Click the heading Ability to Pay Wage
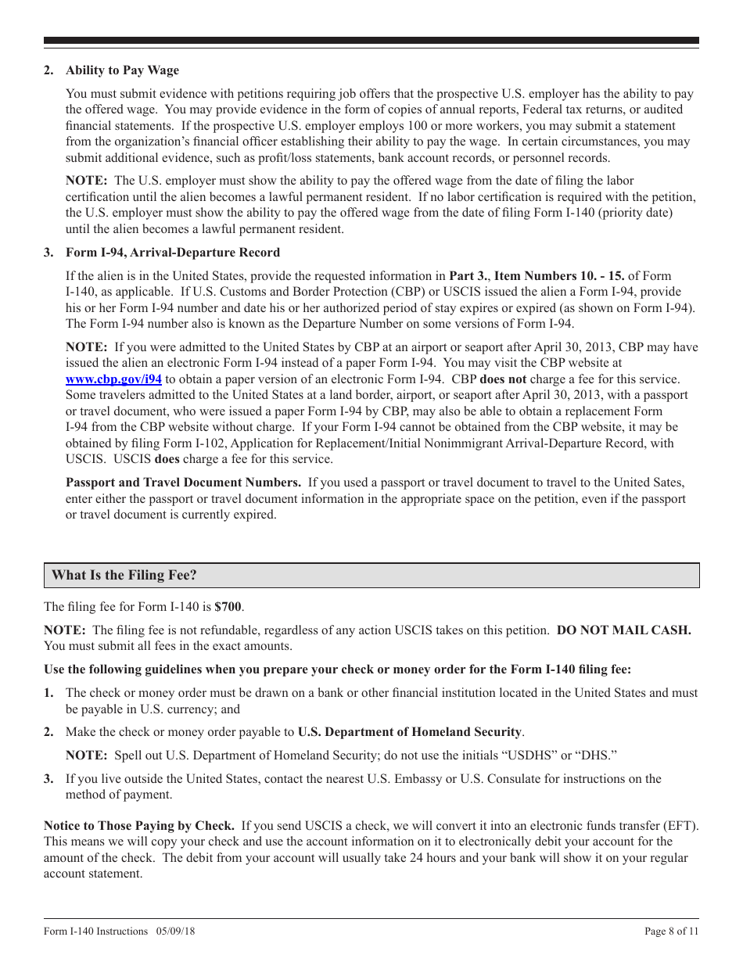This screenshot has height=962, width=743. tap(122, 70)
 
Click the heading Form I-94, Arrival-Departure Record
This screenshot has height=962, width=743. tap(172, 253)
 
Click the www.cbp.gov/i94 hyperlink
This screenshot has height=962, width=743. tap(113, 379)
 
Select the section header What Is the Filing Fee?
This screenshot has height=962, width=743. tap(124, 576)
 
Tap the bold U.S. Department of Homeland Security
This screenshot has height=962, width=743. tap(410, 732)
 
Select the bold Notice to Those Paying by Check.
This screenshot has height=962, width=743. tap(139, 826)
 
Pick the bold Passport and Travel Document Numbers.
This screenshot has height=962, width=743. tap(183, 483)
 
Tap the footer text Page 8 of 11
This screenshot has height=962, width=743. tap(671, 931)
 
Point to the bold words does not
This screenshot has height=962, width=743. tap(503, 379)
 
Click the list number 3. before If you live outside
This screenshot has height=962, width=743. tap(48, 779)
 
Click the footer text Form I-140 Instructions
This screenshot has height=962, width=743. tap(95, 931)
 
